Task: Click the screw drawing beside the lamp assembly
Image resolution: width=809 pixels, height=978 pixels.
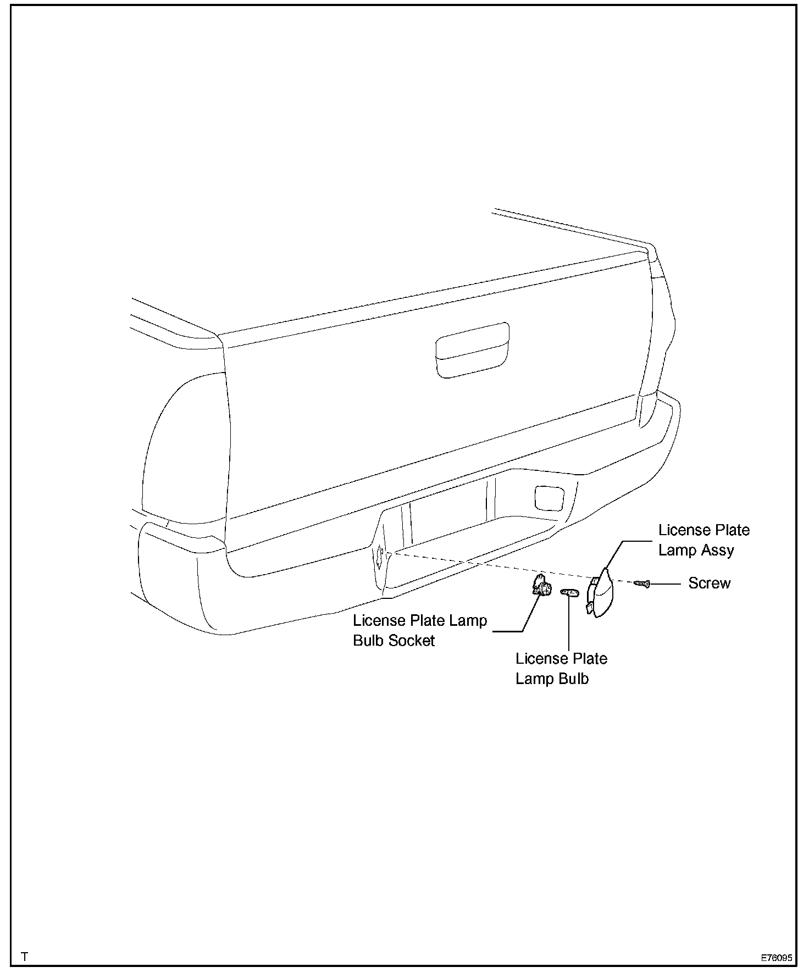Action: pos(642,583)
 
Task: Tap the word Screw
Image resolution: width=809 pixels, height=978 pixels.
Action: pos(709,583)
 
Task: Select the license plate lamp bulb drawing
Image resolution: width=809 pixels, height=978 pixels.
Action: pos(569,592)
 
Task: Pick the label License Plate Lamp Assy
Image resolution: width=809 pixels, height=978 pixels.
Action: pos(703,540)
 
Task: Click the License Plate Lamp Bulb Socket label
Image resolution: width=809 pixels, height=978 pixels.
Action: pos(420,630)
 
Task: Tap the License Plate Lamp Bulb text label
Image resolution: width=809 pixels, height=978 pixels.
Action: pos(561,668)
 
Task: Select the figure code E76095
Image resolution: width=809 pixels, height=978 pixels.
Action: pos(776,957)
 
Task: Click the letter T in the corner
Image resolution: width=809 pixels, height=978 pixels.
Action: pos(24,957)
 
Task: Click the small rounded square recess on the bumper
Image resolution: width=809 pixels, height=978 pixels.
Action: pos(548,497)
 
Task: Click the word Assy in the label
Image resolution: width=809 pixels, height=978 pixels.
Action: pos(718,551)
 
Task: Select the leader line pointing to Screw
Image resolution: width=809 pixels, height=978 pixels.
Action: pos(666,584)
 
